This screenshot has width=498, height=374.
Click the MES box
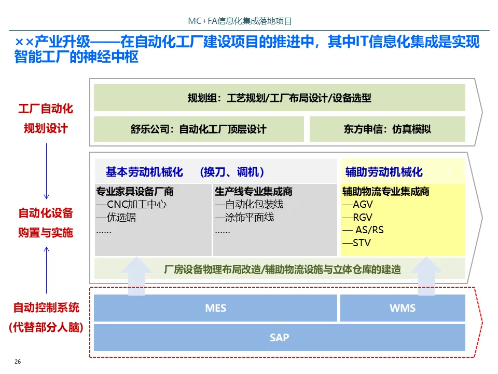pyautogui.click(x=215, y=308)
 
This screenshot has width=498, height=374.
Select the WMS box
pyautogui.click(x=403, y=308)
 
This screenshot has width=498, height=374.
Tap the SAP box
pyautogui.click(x=279, y=338)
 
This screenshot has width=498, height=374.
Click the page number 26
pyautogui.click(x=18, y=362)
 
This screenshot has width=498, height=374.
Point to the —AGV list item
pyautogui.click(x=357, y=205)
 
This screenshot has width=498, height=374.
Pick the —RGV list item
pyautogui.click(x=357, y=218)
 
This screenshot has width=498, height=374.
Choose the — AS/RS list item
pyautogui.click(x=363, y=230)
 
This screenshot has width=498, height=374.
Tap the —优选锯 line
pyautogui.click(x=116, y=218)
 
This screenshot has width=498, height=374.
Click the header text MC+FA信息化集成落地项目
pyautogui.click(x=240, y=21)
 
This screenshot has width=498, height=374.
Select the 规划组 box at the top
pyautogui.click(x=279, y=98)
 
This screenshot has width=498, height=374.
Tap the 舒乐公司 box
pyautogui.click(x=199, y=129)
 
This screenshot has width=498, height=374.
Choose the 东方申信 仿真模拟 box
pyautogui.click(x=387, y=129)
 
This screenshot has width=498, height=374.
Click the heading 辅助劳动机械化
pyautogui.click(x=384, y=172)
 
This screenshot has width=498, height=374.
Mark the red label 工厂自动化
pyautogui.click(x=46, y=109)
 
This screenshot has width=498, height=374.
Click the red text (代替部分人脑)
pyautogui.click(x=46, y=328)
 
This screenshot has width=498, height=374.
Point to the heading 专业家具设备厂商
pyautogui.click(x=135, y=192)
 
